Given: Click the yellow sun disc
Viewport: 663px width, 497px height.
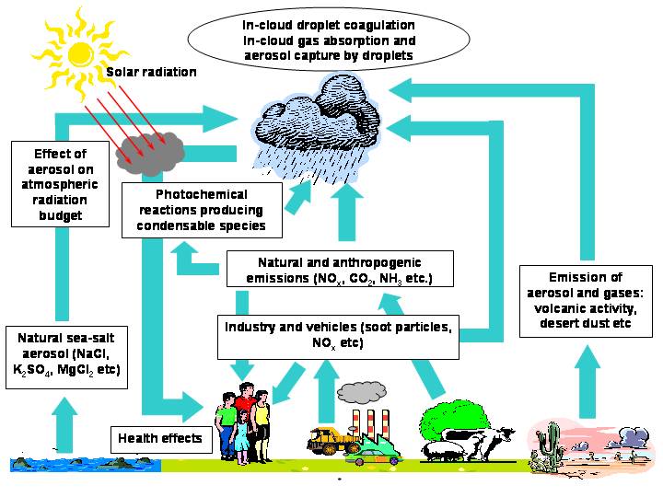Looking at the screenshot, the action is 81,54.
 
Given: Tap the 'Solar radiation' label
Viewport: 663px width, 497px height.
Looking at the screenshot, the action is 151,72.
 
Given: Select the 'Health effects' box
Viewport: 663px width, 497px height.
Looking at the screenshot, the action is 161,439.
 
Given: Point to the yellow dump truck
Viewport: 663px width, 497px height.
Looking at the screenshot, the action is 333,440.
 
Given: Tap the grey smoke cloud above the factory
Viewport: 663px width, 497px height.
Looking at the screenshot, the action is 362,393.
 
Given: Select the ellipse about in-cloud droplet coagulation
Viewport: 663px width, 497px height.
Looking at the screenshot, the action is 329,40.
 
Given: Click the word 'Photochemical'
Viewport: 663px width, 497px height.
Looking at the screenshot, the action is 202,194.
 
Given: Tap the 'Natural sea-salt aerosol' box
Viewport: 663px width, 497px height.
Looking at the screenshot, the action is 66,357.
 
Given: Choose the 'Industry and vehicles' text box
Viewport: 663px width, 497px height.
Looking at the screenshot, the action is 338,337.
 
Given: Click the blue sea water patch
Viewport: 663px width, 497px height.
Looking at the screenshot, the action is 86,464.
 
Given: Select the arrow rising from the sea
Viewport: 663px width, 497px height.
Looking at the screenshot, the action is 64,424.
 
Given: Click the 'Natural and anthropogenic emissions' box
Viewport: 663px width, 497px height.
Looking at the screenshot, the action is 340,269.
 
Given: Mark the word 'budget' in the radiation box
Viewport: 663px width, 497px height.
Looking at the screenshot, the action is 61,215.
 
